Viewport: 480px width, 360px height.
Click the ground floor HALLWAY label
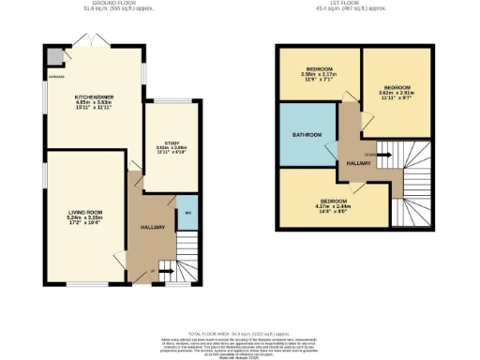[152, 228]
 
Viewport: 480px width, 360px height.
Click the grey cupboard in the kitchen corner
[47, 57]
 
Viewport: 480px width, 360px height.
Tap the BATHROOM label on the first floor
[307, 135]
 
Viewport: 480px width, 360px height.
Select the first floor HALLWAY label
[358, 162]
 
